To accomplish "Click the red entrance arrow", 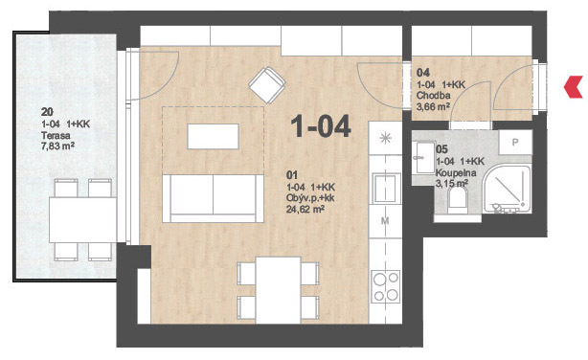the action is pos(573,87).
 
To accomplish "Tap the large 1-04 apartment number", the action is pos(321,126).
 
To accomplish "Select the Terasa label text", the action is pos(56,135).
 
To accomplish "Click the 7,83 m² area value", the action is pos(57,146).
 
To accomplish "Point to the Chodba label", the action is pos(433,96).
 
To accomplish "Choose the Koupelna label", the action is pos(456,173).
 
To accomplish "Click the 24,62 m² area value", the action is pos(305,210).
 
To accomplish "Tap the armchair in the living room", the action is pos(267,85).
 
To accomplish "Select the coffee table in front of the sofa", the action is pos(213,137).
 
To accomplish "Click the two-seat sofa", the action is pos(213,198).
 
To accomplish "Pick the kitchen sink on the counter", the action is pos(386,188).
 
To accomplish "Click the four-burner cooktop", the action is pos(386,287).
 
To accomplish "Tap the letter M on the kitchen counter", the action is pos(385,221).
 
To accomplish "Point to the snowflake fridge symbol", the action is pos(386,139).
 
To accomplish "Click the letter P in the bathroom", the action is pos(515,142).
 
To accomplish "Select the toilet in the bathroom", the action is pos(458,200).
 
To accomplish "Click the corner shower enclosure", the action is pos(507,190).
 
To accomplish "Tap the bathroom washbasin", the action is pos(424,157).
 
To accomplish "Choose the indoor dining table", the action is pos(278,290).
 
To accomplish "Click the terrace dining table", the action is pos(82,220).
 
